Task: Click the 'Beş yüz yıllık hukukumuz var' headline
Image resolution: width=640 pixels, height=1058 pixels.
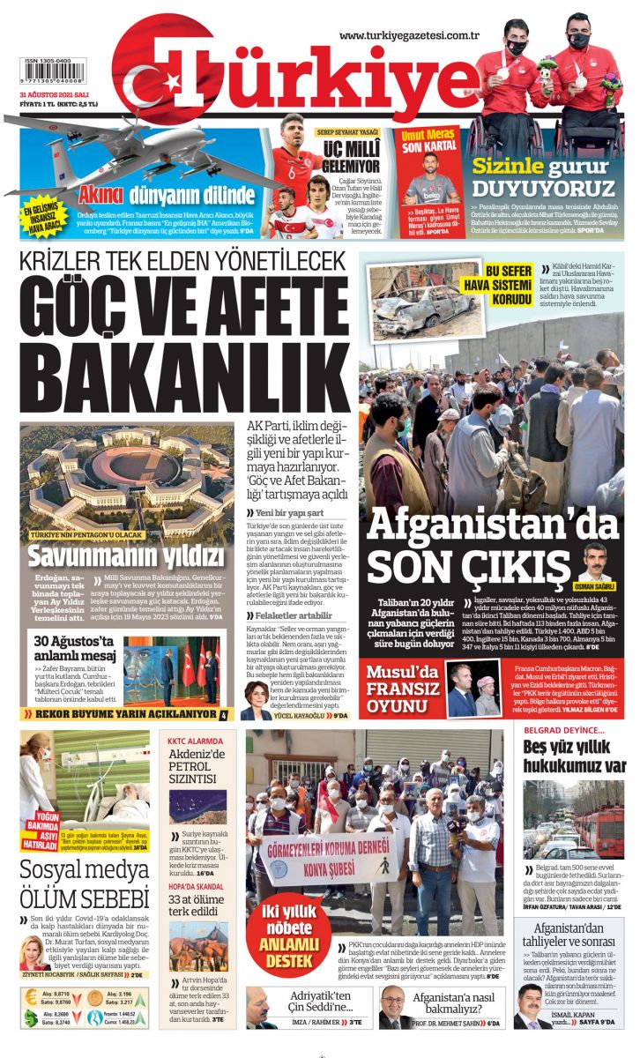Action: [574, 757]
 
